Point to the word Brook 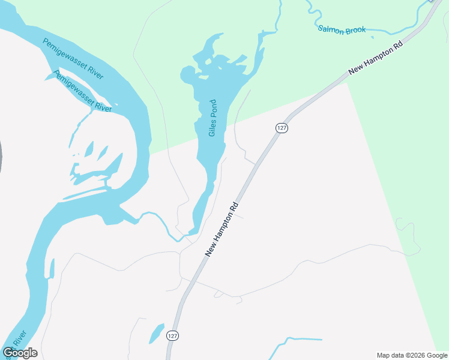[355, 30]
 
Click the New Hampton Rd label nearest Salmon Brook [376, 58]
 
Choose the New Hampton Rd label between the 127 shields [222, 230]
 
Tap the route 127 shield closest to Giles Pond [282, 128]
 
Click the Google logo [20, 353]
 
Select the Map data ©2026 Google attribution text [412, 355]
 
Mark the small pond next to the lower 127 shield [156, 333]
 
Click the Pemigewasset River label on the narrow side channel [83, 91]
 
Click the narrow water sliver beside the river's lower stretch [52, 268]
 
